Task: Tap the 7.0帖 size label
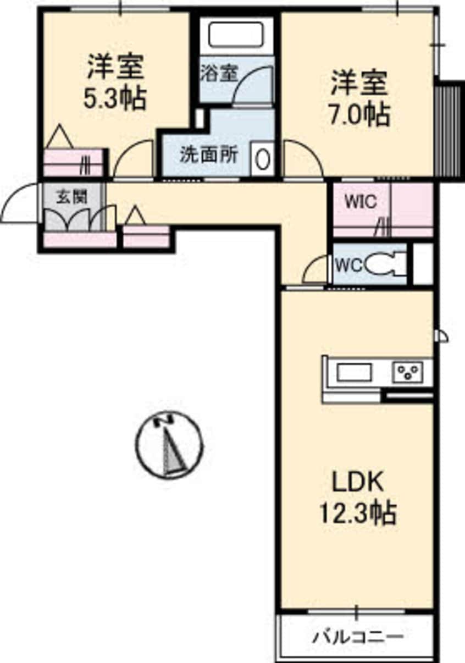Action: [x=359, y=114]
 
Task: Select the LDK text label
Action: [x=358, y=483]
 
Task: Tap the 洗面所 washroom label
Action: [x=209, y=154]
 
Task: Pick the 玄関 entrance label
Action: [x=72, y=197]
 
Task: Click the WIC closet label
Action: [x=361, y=202]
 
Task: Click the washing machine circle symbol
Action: [x=263, y=159]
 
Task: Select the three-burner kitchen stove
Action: [x=408, y=372]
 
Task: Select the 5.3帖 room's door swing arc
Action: [x=129, y=153]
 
